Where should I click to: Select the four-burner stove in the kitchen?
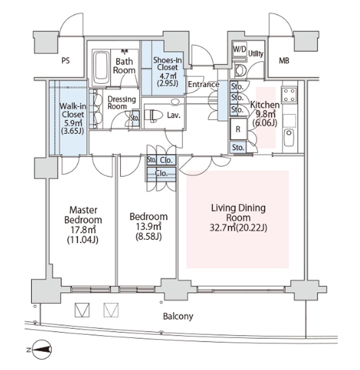point(289,95)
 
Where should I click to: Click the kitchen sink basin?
point(289,137)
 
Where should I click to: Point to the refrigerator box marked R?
point(238,129)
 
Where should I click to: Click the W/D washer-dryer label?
point(240,49)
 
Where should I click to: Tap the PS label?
point(65,61)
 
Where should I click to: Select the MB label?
point(284,61)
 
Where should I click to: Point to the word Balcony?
point(178,316)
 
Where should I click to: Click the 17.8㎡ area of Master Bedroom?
point(83,229)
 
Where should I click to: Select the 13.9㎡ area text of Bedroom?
point(148,226)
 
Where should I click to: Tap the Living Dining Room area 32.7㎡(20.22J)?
point(238,228)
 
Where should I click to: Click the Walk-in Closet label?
point(73,110)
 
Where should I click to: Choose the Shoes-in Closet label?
point(168,64)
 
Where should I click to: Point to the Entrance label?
point(203,84)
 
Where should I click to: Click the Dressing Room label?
point(122,103)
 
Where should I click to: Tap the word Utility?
point(255,53)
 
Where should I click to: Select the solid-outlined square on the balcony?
point(82,310)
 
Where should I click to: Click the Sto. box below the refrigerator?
point(238,147)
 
